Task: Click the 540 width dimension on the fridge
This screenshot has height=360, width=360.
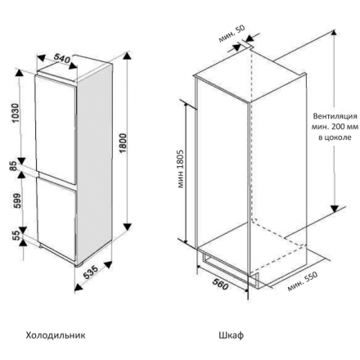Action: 62,58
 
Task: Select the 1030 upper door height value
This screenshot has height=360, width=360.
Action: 16,113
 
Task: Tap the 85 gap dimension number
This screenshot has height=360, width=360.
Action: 14,166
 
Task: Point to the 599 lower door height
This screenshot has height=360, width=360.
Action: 17,201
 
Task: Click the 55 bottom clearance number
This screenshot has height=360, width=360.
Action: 16,236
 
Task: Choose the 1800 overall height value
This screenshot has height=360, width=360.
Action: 123,143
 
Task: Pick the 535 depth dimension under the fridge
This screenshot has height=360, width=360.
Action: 90,272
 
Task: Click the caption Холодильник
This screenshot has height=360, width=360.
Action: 56,335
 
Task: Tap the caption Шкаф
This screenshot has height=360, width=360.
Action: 232,335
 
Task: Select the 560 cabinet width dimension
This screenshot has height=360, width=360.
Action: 220,284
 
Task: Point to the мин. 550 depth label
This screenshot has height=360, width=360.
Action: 303,281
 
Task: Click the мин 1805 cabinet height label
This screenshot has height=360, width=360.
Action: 181,169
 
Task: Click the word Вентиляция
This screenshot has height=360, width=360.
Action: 335,116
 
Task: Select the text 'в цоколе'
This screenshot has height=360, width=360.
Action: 335,137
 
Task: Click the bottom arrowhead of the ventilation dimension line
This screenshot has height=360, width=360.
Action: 335,209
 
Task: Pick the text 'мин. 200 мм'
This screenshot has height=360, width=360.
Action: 335,127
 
